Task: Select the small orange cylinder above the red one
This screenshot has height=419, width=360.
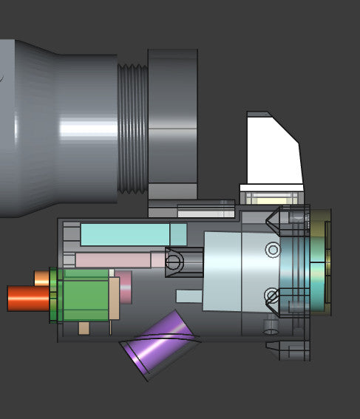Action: (x=41, y=278)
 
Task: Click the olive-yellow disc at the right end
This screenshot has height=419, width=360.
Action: (x=319, y=262)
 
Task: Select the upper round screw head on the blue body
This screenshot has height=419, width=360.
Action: (x=273, y=250)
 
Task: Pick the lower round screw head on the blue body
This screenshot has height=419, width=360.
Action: (x=271, y=296)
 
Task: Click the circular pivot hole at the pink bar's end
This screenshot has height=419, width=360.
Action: (x=174, y=262)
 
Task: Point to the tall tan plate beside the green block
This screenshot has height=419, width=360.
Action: (x=115, y=297)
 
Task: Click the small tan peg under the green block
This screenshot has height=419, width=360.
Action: (x=84, y=327)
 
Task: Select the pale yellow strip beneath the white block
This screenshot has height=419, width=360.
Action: (x=271, y=198)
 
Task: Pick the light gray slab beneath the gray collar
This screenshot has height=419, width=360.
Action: (x=205, y=212)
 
